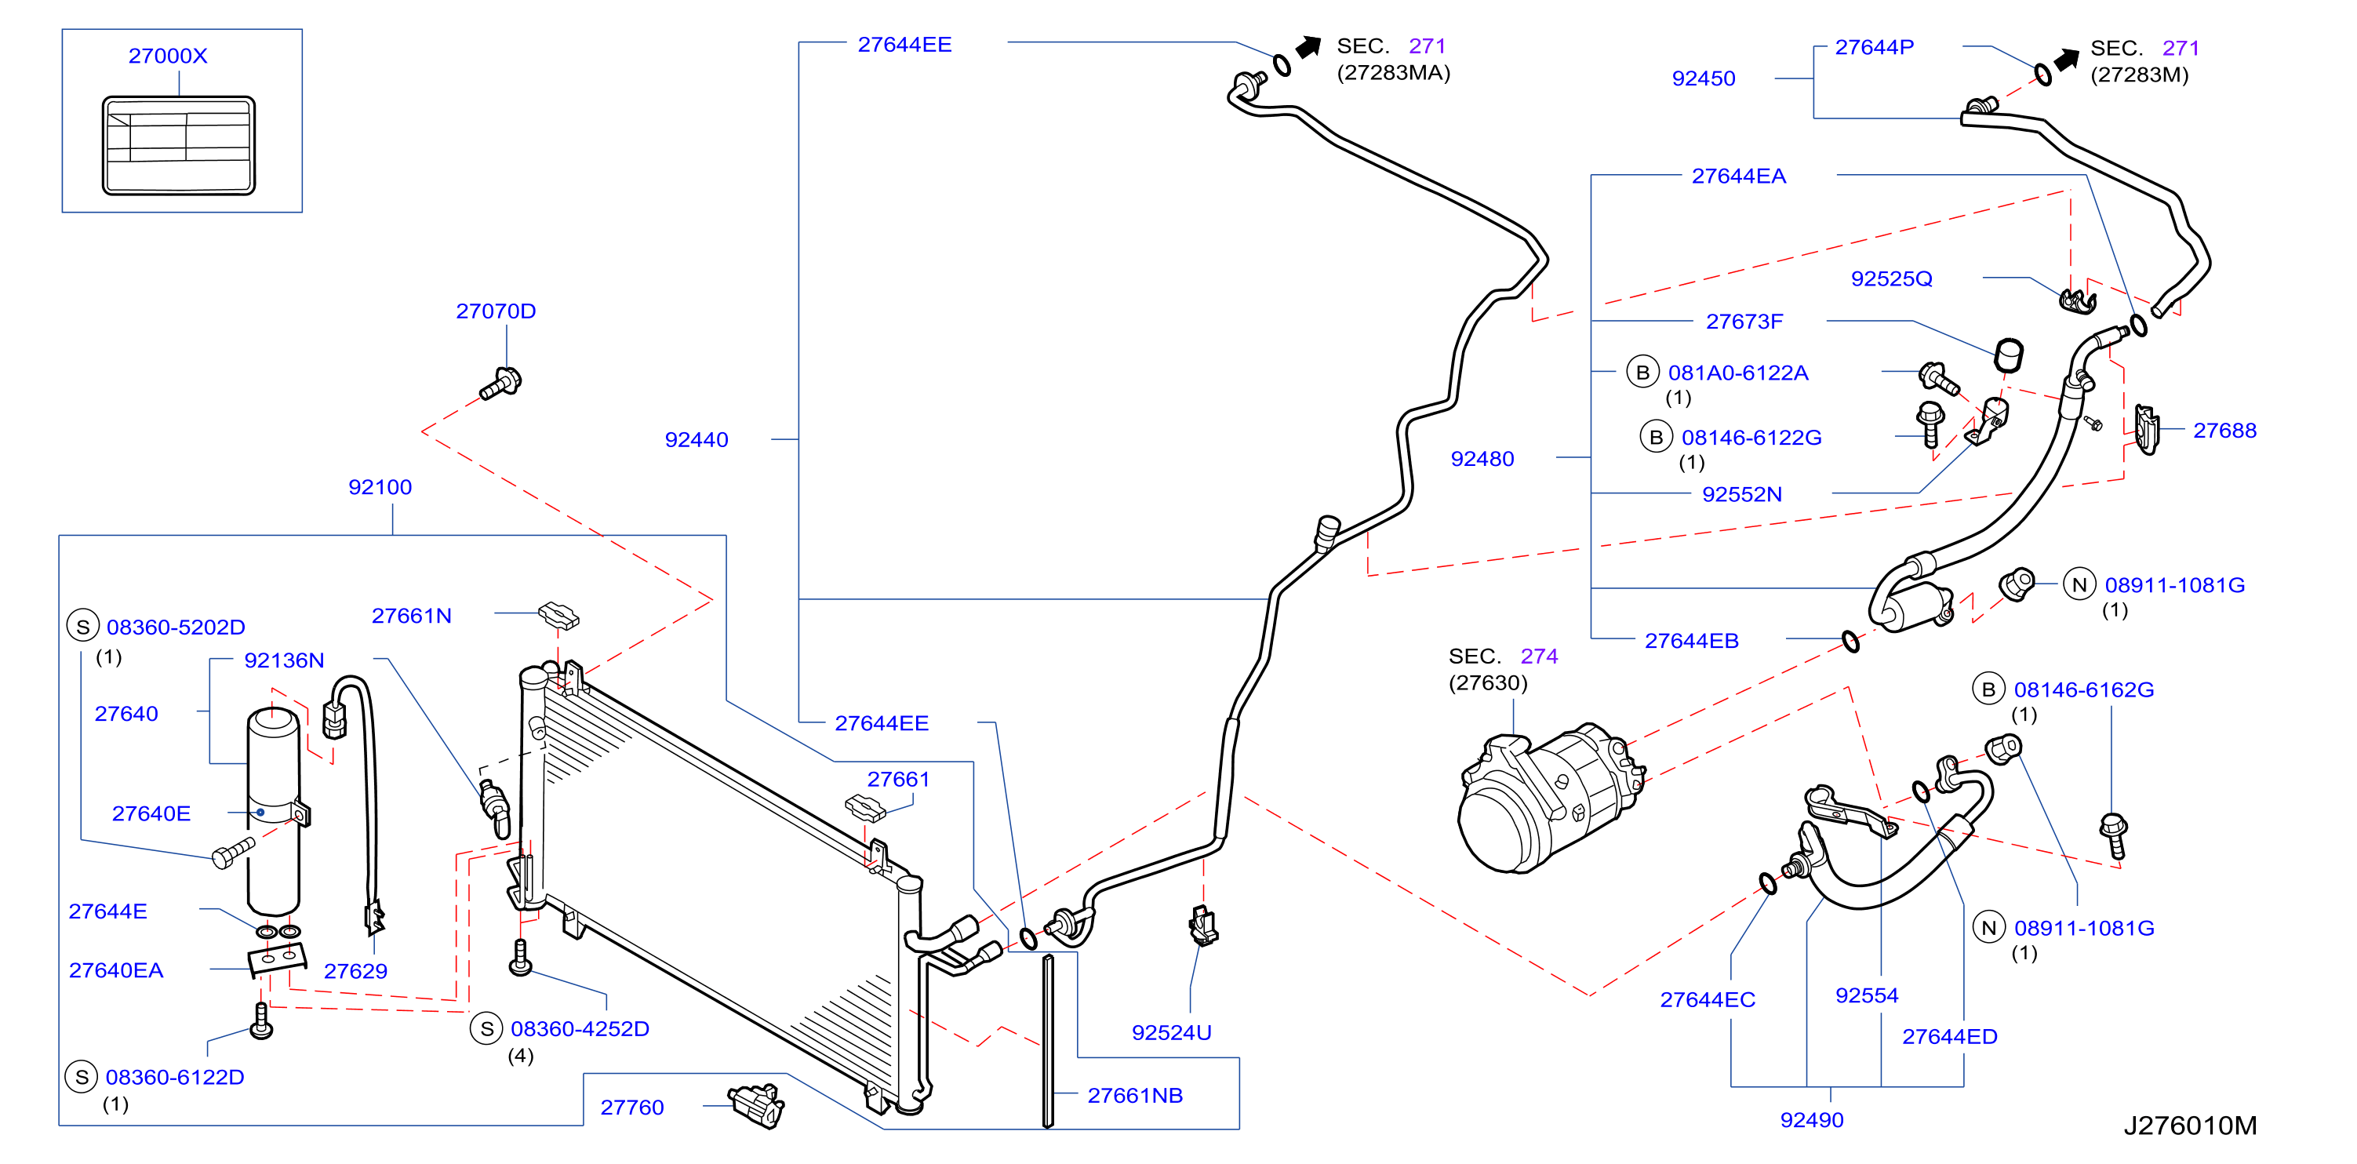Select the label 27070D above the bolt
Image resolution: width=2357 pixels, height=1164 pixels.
[x=496, y=311]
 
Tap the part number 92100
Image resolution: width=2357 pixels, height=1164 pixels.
[x=380, y=487]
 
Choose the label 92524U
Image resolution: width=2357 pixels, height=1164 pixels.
[x=1171, y=1032]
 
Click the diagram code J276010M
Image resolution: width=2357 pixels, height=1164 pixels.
[x=2190, y=1126]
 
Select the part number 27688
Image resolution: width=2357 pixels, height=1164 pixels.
[x=2224, y=430]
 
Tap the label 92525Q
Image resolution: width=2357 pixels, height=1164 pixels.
[x=1891, y=279]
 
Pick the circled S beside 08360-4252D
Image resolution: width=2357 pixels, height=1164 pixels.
[x=487, y=1028]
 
